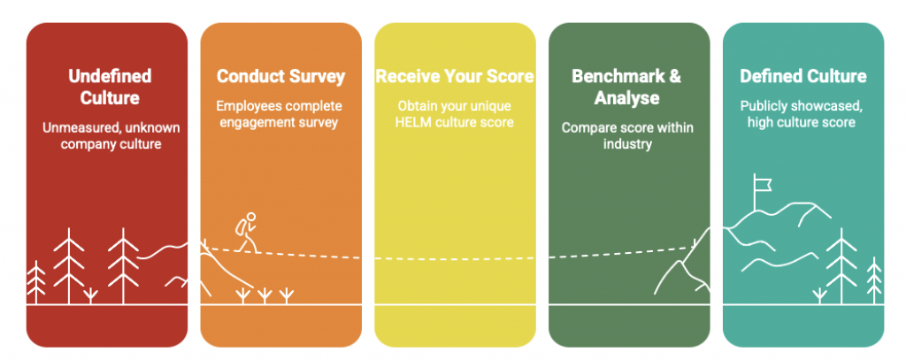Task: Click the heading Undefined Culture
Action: [110, 87]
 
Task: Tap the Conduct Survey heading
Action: [280, 76]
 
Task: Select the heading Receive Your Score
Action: [455, 76]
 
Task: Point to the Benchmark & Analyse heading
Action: [627, 87]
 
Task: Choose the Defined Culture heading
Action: [803, 76]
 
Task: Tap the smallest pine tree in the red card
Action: [35, 282]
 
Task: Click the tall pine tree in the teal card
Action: [842, 266]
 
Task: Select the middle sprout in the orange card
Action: [265, 295]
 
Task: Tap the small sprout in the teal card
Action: [819, 295]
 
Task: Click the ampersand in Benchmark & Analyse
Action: [674, 76]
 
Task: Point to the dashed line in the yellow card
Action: [455, 259]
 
